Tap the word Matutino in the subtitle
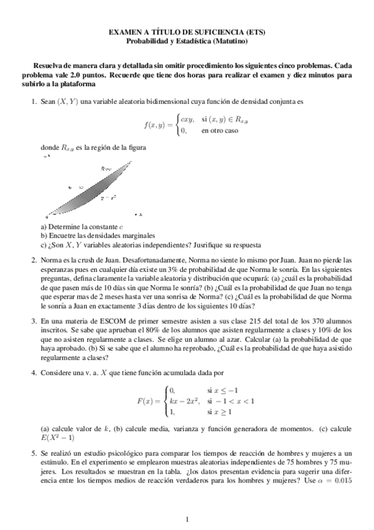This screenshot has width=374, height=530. coord(230,41)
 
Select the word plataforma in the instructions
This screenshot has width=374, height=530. coord(78,83)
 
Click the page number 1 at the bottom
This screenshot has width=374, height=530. coord(187,519)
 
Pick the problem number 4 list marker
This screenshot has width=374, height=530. coord(34,372)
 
